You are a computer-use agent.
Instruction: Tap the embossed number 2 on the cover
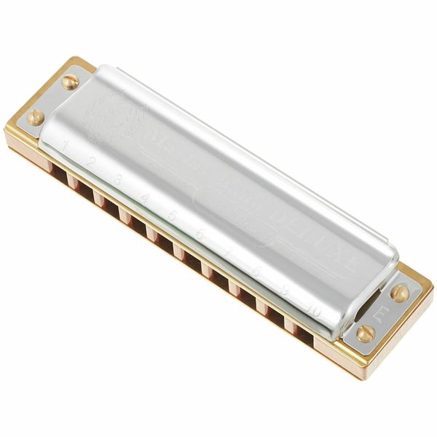pyautogui.click(x=92, y=162)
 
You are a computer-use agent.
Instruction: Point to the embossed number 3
pyautogui.click(x=118, y=179)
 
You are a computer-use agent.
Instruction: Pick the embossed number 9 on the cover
pyautogui.click(x=286, y=291)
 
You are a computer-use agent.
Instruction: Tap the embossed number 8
pyautogui.click(x=256, y=271)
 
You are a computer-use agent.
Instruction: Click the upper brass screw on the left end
pyautogui.click(x=70, y=82)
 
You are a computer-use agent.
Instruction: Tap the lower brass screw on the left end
pyautogui.click(x=36, y=117)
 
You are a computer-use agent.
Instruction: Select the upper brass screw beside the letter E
pyautogui.click(x=400, y=292)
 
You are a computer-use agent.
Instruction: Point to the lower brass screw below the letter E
pyautogui.click(x=366, y=334)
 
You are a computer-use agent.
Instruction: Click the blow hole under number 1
pyautogui.click(x=56, y=167)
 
